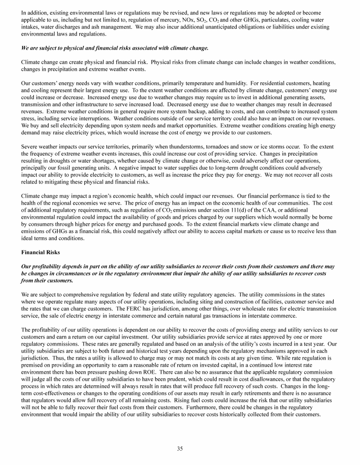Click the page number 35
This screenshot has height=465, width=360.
point(180,449)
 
